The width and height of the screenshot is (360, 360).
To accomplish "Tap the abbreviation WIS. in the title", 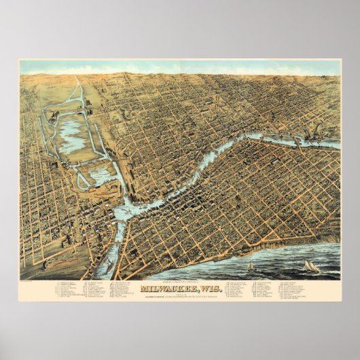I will [x=203, y=288].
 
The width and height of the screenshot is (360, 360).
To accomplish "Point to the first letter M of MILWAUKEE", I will [x=143, y=288].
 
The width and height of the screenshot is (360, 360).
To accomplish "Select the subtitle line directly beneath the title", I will [x=180, y=295].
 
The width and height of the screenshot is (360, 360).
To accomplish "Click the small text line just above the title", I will [x=180, y=281].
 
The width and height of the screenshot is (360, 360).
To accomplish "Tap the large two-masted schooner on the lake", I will [x=312, y=266].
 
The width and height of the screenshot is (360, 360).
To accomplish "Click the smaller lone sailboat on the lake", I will [x=251, y=266].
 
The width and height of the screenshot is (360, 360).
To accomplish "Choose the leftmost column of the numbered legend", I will [x=68, y=289].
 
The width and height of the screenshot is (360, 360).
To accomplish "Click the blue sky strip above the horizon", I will [x=180, y=67].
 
